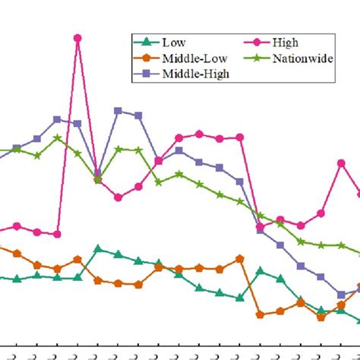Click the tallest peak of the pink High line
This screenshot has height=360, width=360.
(x=77, y=37)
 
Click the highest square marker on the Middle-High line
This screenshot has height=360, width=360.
(x=118, y=111)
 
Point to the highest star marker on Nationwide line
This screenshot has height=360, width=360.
(x=57, y=138)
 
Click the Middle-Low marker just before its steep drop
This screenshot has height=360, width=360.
(x=240, y=258)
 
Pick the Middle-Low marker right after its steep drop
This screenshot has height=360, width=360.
(x=261, y=314)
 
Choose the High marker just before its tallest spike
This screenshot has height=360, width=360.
(x=57, y=234)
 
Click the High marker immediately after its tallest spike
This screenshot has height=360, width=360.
(x=98, y=180)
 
